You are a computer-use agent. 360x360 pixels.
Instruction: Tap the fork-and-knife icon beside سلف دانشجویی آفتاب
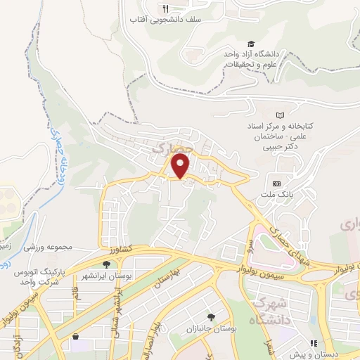click(x=166, y=8)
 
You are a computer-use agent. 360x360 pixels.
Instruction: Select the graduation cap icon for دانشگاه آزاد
click(x=251, y=44)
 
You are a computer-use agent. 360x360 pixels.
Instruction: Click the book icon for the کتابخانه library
click(x=281, y=115)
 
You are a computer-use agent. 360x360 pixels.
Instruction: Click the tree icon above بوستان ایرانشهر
click(x=106, y=264)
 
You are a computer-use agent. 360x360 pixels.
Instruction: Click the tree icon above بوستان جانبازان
click(x=212, y=318)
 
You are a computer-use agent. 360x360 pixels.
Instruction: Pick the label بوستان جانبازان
click(x=212, y=329)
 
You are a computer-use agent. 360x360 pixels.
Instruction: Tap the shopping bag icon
click(x=75, y=337)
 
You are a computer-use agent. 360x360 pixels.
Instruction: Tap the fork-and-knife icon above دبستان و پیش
click(x=314, y=345)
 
